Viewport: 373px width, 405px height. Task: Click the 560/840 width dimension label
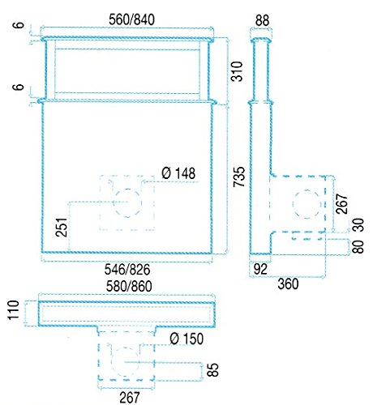(131, 19)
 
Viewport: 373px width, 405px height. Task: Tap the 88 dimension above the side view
(262, 20)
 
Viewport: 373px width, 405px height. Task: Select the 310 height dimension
(237, 71)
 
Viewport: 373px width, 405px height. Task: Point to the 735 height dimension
(239, 177)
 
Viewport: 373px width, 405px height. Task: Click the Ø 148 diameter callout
(178, 173)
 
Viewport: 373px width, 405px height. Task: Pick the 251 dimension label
(62, 227)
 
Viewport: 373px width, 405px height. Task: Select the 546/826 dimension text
(127, 269)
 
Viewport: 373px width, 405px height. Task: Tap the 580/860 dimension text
(129, 286)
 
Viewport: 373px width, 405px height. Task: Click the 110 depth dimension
(14, 310)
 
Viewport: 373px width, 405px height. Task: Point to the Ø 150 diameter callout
(186, 339)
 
